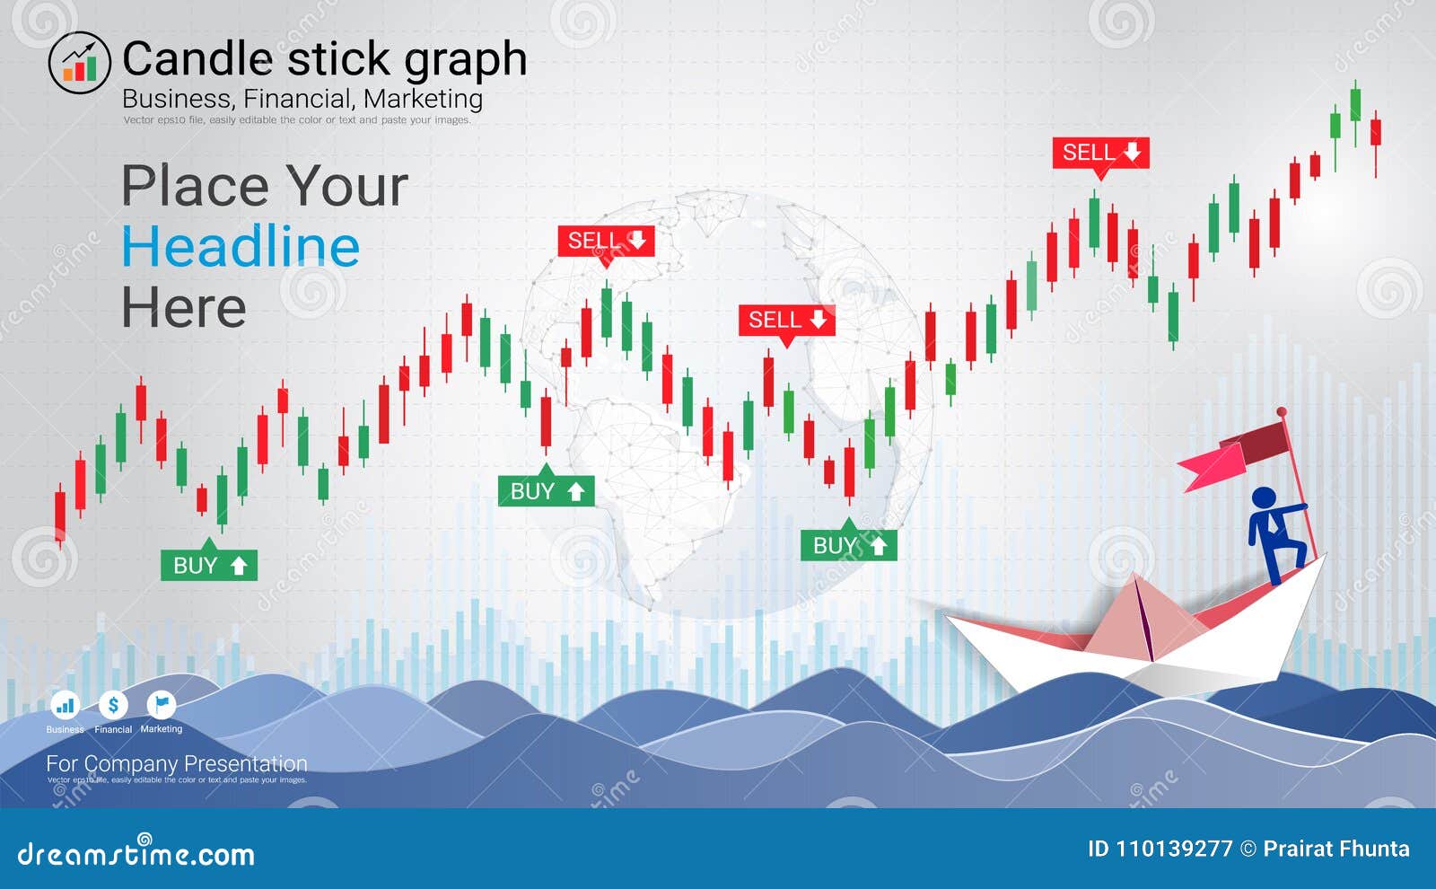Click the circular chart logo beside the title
(x=79, y=62)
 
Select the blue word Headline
(x=241, y=247)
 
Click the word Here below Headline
(x=184, y=308)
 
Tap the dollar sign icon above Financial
(x=113, y=705)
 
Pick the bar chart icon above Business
(x=65, y=705)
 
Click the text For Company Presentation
(x=176, y=763)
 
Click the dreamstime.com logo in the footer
(x=136, y=853)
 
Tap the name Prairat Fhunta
(x=1335, y=849)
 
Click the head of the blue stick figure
(x=1264, y=497)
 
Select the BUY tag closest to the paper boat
(x=848, y=545)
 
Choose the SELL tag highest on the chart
(x=1100, y=153)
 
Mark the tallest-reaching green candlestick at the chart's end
(x=1355, y=103)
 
